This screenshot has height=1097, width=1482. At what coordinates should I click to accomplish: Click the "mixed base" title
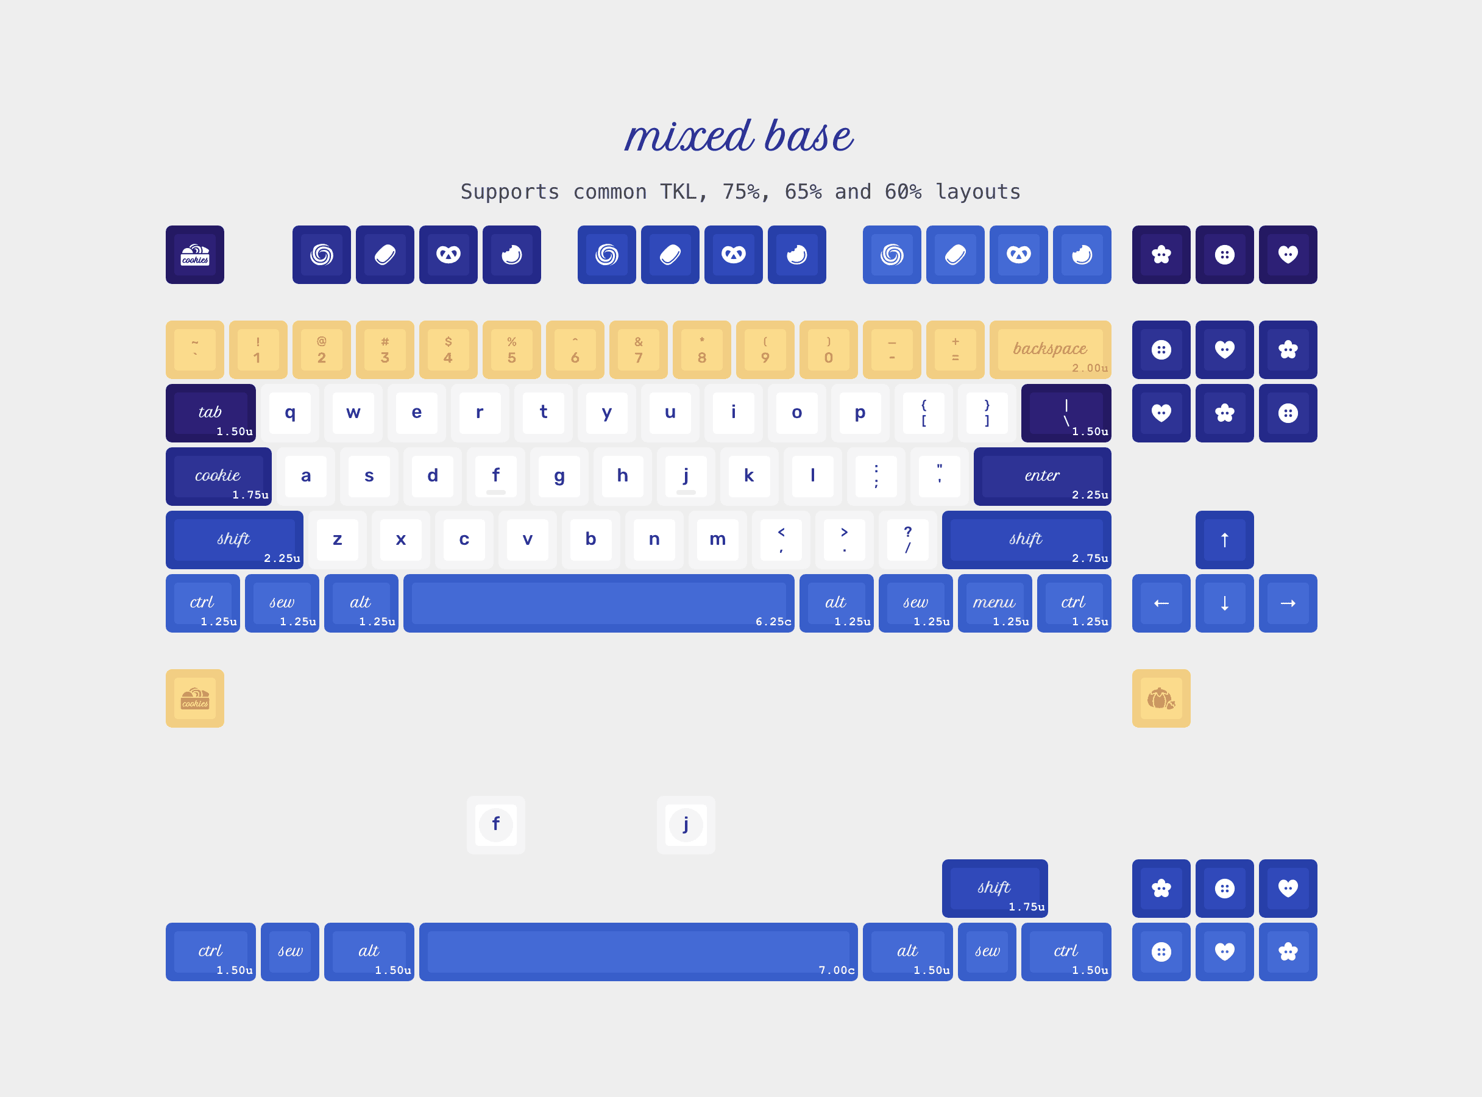click(739, 136)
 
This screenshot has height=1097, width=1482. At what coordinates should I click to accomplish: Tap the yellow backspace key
click(1050, 350)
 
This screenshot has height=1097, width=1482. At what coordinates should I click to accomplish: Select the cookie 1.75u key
click(218, 477)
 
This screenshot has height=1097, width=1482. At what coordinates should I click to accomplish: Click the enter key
click(1043, 477)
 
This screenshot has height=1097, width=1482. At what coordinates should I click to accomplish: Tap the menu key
click(994, 603)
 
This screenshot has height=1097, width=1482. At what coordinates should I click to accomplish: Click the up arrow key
click(1224, 540)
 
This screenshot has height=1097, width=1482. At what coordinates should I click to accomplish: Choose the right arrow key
click(1288, 603)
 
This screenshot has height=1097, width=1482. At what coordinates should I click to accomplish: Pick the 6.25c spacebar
click(599, 603)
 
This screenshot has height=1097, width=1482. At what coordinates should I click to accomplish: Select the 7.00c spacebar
click(638, 951)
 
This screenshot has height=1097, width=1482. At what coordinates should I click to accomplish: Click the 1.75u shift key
click(994, 889)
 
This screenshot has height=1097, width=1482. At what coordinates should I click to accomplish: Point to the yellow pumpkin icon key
click(1161, 698)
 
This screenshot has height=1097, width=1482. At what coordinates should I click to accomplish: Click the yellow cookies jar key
click(195, 698)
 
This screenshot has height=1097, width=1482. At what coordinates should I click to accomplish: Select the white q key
click(290, 413)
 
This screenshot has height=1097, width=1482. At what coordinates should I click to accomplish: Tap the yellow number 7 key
click(638, 350)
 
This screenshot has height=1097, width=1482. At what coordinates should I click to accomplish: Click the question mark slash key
click(907, 540)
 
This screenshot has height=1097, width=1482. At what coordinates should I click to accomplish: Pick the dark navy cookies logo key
click(195, 255)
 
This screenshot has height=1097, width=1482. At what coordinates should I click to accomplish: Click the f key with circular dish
click(496, 825)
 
